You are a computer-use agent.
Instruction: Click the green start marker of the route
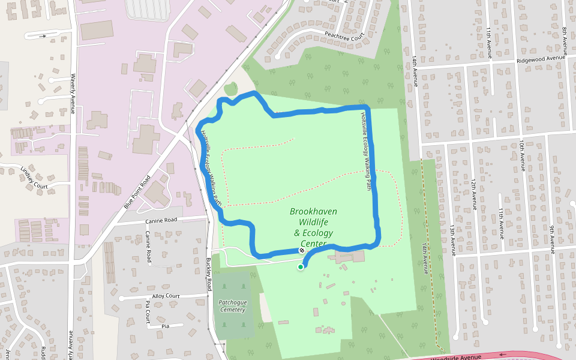[301, 267]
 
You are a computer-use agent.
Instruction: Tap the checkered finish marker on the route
[301, 251]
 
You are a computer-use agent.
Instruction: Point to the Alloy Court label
[166, 296]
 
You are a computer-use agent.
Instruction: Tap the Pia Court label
[148, 313]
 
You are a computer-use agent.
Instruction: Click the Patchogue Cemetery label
[232, 306]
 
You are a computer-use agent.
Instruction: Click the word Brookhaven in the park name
[313, 211]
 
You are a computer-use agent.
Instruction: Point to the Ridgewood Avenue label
[542, 59]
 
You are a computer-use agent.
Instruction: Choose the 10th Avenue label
[523, 156]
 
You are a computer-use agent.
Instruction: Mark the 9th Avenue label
[551, 231]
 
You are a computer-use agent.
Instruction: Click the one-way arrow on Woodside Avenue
[503, 354]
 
